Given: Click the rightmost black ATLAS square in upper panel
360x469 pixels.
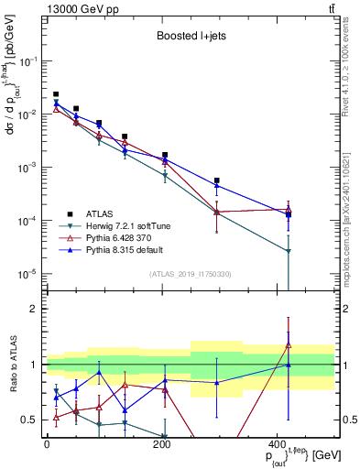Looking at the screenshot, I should (x=289, y=214).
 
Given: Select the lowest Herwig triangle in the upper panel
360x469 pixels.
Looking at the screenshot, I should (x=289, y=251).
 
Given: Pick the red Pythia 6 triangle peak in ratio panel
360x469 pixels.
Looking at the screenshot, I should (x=289, y=345).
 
